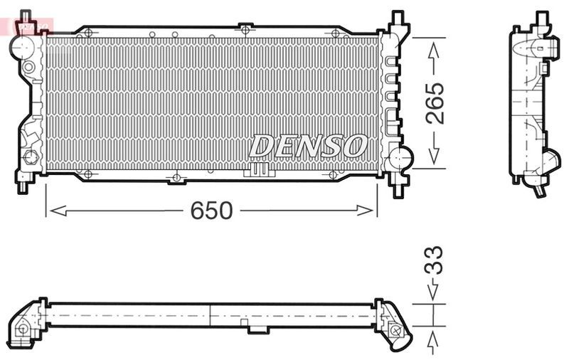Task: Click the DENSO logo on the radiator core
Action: click(307, 147)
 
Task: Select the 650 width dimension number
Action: click(211, 210)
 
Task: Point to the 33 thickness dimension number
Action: click(433, 260)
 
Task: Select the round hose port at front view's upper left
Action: click(23, 47)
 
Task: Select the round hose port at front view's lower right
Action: click(400, 157)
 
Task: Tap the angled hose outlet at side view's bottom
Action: click(540, 186)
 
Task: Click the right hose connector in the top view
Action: click(395, 327)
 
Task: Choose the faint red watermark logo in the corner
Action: click(28, 27)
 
